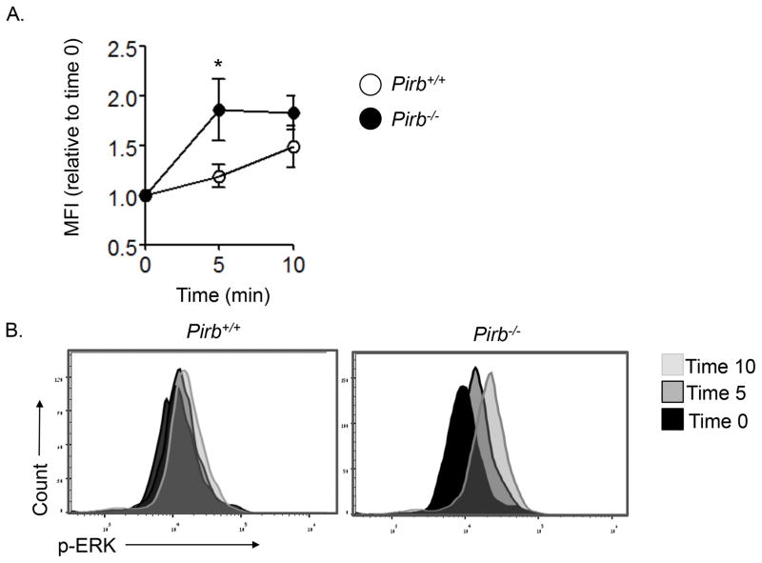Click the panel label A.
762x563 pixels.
point(12,12)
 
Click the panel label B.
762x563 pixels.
point(12,332)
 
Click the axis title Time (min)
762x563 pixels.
point(219,296)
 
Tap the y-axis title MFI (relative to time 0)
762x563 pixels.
point(81,146)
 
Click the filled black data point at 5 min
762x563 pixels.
point(219,110)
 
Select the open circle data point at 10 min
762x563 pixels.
point(293,147)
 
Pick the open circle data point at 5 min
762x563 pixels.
point(219,176)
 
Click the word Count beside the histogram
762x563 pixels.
point(41,489)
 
